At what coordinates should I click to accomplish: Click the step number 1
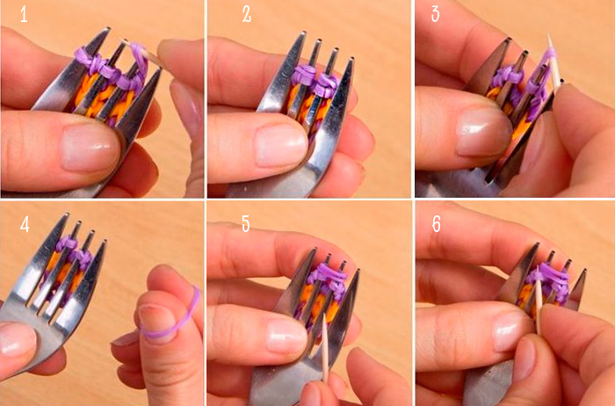[x=24, y=16]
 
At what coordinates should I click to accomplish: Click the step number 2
[x=247, y=15]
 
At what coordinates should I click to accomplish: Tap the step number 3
[x=436, y=14]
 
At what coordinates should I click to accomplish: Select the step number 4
[x=25, y=224]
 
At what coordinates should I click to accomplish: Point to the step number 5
[x=245, y=224]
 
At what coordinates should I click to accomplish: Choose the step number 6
[x=436, y=224]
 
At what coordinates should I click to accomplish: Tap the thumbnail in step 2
[x=281, y=144]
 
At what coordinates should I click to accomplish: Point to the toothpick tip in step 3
[x=548, y=35]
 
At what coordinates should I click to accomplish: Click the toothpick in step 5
[x=325, y=348]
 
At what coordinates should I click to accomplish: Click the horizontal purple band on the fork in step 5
[x=327, y=272]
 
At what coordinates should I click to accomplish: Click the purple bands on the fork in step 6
[x=548, y=281]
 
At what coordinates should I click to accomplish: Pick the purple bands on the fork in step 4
[x=75, y=251]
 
